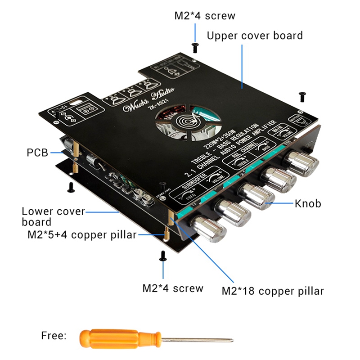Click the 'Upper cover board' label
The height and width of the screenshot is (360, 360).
255,35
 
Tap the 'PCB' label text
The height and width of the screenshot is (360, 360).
37,153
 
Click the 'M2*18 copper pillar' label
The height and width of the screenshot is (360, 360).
273,291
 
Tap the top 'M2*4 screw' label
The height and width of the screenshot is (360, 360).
205,16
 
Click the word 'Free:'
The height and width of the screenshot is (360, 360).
54,335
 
